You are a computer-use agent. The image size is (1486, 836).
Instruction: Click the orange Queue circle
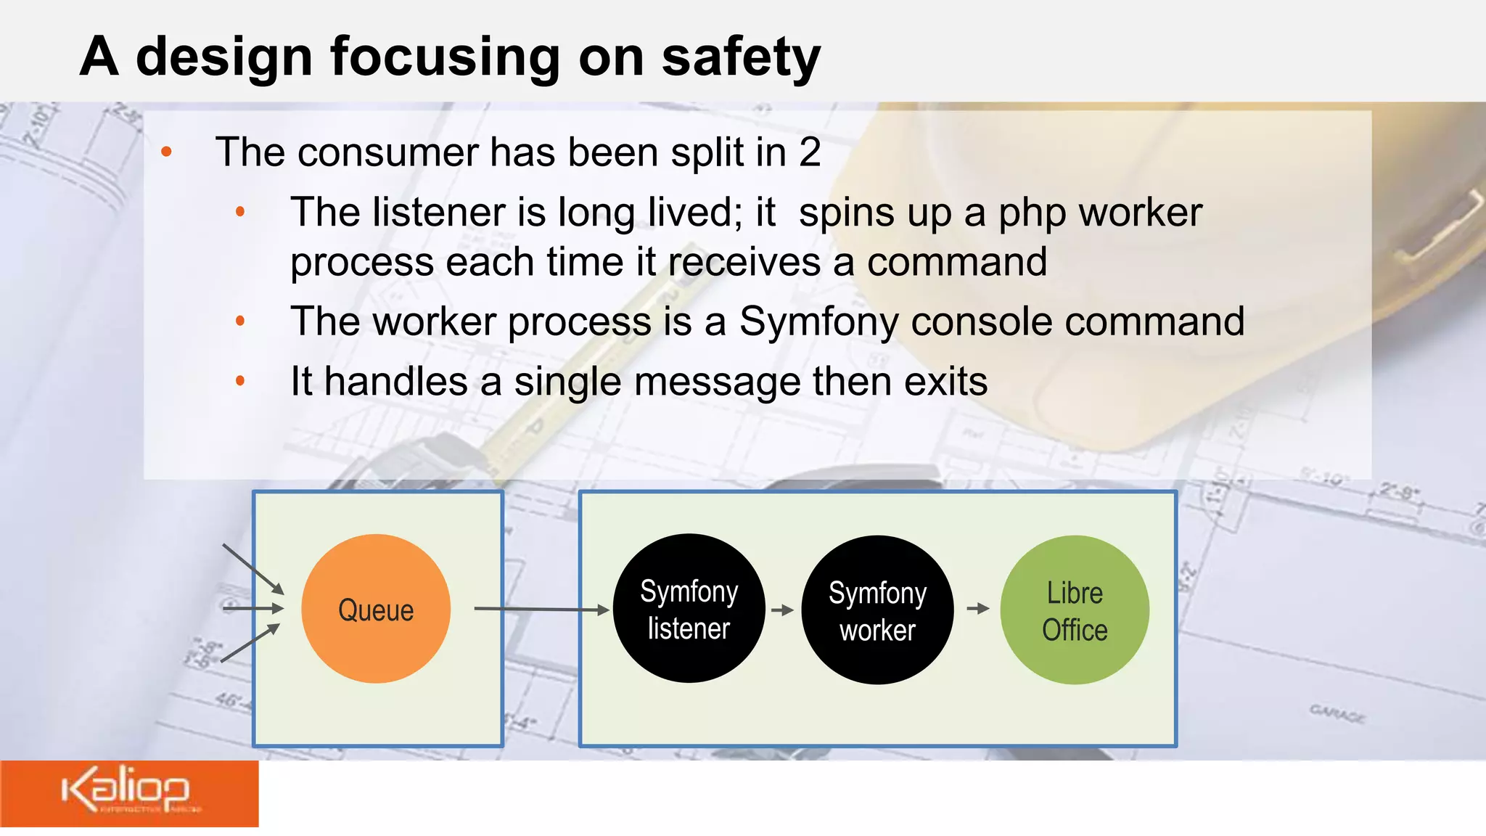(x=376, y=609)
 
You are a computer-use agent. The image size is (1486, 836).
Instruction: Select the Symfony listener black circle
(x=689, y=609)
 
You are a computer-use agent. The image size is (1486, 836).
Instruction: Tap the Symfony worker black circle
(x=877, y=610)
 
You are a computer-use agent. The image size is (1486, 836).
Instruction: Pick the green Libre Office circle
(x=1075, y=610)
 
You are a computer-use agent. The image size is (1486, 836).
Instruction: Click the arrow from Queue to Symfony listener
(x=541, y=609)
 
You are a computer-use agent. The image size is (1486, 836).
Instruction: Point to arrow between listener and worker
(x=782, y=610)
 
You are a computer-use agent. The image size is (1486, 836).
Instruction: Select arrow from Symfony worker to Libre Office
(x=977, y=608)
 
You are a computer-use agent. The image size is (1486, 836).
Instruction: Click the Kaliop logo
(x=126, y=791)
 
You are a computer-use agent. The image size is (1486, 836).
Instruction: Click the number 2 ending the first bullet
(x=810, y=152)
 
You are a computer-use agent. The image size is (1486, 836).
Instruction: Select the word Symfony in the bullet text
(x=818, y=321)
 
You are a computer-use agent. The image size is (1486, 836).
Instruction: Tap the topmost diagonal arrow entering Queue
(x=253, y=568)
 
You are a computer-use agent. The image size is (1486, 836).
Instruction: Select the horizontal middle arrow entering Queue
(x=253, y=608)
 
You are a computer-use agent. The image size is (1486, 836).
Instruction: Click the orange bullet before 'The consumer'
(x=167, y=152)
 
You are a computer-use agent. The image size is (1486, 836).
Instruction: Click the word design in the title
(x=224, y=57)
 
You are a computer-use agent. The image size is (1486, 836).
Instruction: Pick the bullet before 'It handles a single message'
(x=240, y=381)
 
